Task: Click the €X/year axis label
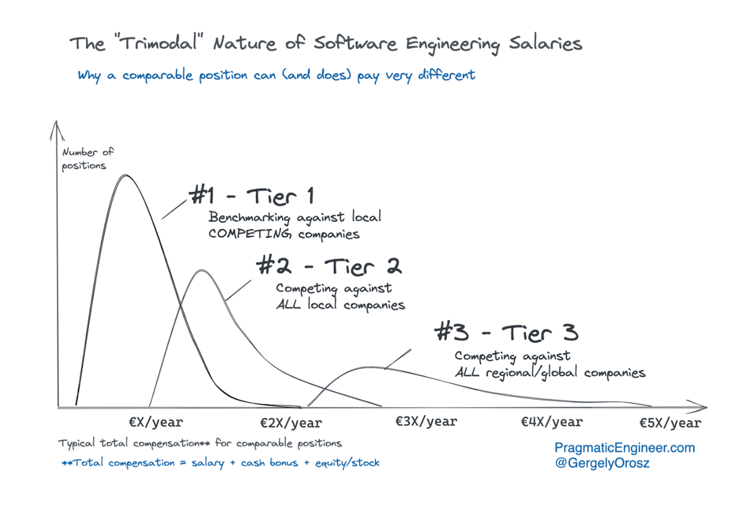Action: point(156,422)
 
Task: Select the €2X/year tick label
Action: point(291,423)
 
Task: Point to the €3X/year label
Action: point(426,422)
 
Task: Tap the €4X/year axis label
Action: point(552,422)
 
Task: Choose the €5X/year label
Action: point(670,423)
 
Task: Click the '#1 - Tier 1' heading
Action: point(252,196)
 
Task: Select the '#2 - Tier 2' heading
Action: point(329,266)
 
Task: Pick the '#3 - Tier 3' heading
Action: point(506,333)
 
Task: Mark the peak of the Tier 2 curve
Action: point(202,271)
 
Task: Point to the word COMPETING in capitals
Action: point(250,234)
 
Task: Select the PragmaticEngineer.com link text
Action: point(624,448)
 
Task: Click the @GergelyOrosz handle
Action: point(602,463)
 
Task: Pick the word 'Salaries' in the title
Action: point(545,44)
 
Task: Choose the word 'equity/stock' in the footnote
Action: point(347,463)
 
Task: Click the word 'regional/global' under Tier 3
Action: point(531,373)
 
